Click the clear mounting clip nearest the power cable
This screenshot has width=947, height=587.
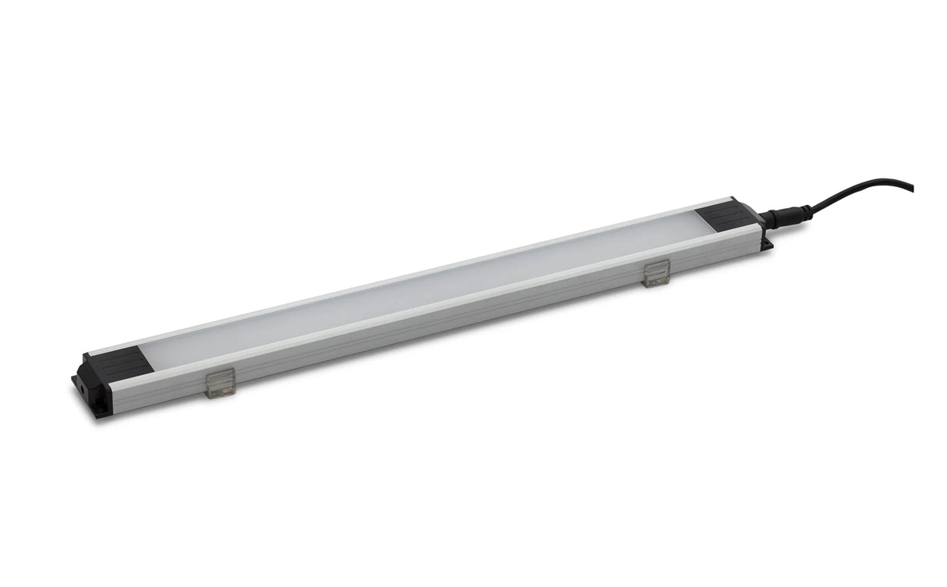click(x=657, y=273)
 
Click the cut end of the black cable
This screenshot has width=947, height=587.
click(x=911, y=188)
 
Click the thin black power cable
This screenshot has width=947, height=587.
click(x=858, y=187)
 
